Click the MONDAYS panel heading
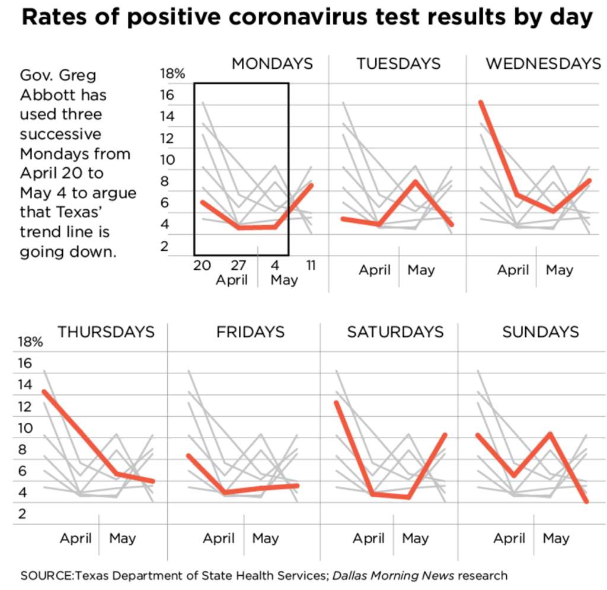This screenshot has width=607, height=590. click(271, 64)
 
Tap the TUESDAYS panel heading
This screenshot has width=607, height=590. click(398, 64)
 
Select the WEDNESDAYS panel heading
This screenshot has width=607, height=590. click(543, 64)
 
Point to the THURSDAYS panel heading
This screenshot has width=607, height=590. click(106, 332)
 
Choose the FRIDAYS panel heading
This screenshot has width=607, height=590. click(250, 332)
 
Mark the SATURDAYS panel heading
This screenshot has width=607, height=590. click(395, 332)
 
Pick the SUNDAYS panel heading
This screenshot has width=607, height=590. click(540, 332)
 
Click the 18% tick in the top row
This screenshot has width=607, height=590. click(172, 74)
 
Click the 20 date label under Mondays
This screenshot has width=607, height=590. click(202, 265)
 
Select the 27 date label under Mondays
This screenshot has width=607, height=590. click(231, 265)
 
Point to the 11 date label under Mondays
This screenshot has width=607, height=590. click(310, 265)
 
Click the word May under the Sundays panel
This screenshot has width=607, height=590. click(556, 538)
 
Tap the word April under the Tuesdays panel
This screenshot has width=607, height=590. click(375, 270)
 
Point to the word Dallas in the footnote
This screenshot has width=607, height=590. click(350, 575)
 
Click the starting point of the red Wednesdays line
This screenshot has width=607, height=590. click(481, 102)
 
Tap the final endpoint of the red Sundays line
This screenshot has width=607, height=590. click(587, 502)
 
